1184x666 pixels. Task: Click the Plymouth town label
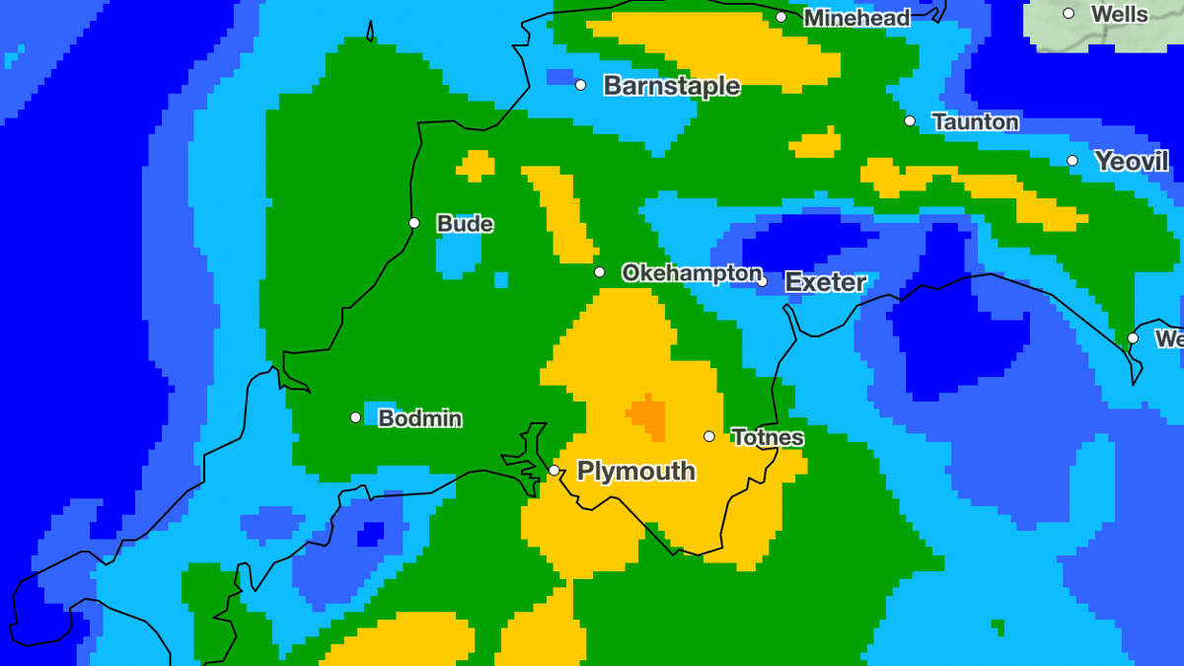pos(635,472)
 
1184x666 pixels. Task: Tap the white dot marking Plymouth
pos(555,470)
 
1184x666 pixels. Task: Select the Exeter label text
pos(825,282)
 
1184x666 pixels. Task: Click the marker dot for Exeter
pos(762,281)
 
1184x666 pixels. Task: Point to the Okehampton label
pos(692,273)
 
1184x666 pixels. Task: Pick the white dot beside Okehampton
pos(599,272)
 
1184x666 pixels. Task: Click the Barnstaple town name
pos(671,86)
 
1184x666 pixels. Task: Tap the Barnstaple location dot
pos(580,85)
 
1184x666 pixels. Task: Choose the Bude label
pos(465,224)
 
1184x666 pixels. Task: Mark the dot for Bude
pos(414,223)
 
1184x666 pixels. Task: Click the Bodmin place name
pos(420,418)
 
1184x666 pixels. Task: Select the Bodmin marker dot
pos(355,417)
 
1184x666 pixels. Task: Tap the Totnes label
pos(768,437)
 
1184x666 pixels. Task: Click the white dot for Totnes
pos(708,436)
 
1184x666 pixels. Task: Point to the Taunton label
pos(975,122)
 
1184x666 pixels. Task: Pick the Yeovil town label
pos(1131,162)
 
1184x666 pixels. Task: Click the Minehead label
pos(856,18)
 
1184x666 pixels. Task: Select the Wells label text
pos(1119,14)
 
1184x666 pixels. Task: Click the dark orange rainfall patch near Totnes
pos(648,415)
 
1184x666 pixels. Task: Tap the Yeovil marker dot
pos(1073,161)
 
